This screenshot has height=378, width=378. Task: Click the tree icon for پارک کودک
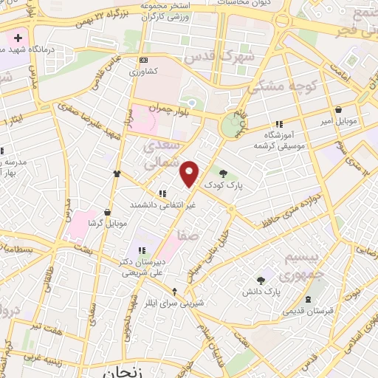click(x=224, y=173)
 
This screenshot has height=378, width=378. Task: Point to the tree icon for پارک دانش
click(x=261, y=280)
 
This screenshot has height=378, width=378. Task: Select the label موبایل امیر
click(x=338, y=120)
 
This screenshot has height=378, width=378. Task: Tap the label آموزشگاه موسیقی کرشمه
click(x=278, y=140)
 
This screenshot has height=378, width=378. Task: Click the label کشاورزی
click(x=143, y=72)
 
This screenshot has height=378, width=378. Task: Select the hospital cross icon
click(x=18, y=37)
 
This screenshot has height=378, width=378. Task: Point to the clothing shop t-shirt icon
click(x=117, y=173)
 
